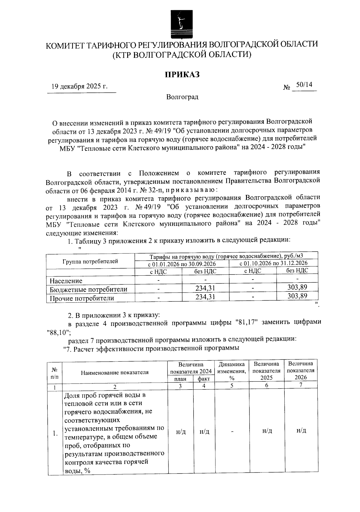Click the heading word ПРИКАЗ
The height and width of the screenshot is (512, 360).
(182, 74)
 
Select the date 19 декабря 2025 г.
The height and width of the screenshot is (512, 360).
(79, 86)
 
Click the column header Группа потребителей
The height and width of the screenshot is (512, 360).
(90, 261)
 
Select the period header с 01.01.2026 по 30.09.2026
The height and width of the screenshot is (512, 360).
(182, 264)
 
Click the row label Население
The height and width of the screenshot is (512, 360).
(66, 281)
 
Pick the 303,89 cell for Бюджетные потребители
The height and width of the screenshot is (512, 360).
(297, 287)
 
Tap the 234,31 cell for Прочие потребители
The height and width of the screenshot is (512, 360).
(205, 297)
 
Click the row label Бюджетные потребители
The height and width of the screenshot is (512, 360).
(88, 289)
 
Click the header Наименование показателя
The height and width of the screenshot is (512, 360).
(115, 373)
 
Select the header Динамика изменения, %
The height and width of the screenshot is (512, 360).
(232, 371)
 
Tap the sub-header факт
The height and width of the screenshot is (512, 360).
(204, 379)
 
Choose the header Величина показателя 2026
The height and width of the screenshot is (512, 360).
(301, 370)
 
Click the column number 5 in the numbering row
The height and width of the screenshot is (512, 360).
(232, 386)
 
